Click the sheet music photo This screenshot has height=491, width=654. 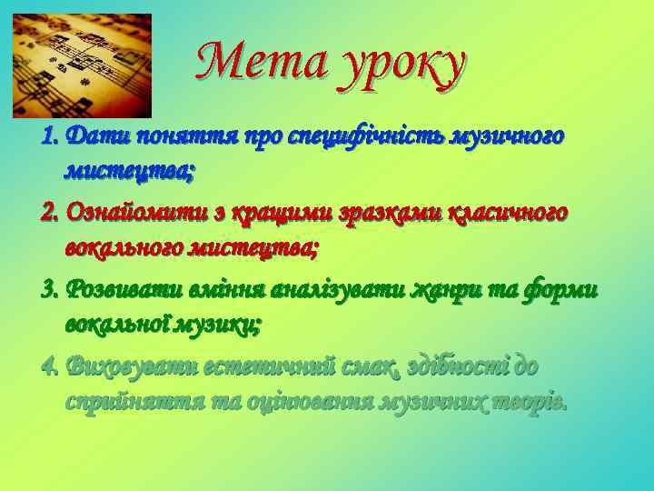click(x=82, y=65)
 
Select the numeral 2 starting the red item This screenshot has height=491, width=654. click(x=49, y=213)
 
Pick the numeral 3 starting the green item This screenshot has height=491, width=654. click(x=49, y=289)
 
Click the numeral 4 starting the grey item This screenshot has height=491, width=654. click(x=49, y=366)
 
